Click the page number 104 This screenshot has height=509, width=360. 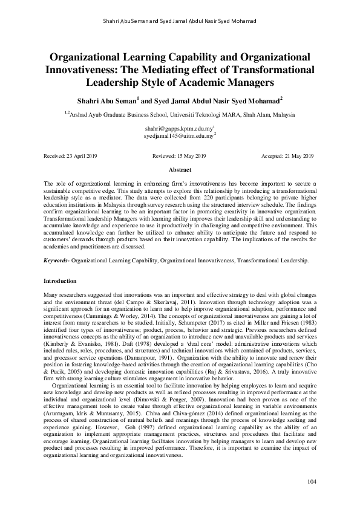pos(312,482)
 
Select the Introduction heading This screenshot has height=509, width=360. pos(61,281)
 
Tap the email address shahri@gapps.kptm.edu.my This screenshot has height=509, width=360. pos(178,129)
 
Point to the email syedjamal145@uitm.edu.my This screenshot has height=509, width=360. pos(178,137)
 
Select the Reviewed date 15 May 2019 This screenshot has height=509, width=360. pos(179,156)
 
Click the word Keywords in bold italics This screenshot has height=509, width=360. pos(56,260)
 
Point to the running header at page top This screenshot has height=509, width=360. pos(180,21)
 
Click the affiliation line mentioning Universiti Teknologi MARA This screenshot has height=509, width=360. pos(180,114)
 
